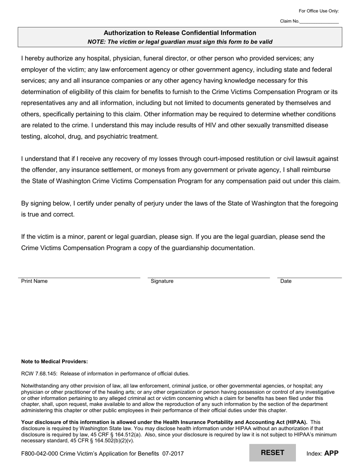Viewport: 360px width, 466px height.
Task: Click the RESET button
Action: [x=272, y=453]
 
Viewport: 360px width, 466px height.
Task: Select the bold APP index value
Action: [x=331, y=453]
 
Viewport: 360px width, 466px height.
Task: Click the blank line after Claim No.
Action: [x=319, y=22]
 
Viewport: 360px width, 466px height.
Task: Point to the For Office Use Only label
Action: [x=319, y=11]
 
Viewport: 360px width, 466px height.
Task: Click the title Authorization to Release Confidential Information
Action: [x=180, y=33]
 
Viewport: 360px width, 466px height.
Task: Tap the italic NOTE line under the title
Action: [x=180, y=42]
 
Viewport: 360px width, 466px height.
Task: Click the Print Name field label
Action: [x=34, y=281]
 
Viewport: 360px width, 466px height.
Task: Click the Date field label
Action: [x=286, y=281]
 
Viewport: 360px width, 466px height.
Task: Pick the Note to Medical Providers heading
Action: [x=55, y=361]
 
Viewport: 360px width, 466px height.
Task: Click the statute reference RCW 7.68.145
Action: [x=39, y=374]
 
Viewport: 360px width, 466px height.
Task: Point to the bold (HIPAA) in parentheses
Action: [x=296, y=422]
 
